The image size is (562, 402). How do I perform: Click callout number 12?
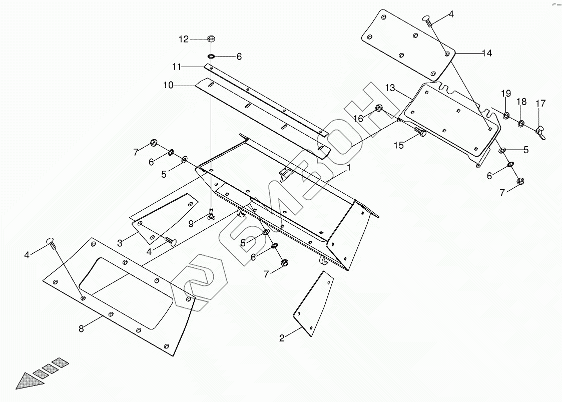(184, 39)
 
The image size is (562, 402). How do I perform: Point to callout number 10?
(168, 86)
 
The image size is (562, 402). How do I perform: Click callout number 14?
(486, 53)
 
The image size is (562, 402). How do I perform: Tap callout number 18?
(521, 102)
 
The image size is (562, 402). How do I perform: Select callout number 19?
(506, 93)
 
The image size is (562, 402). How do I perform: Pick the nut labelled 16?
(379, 108)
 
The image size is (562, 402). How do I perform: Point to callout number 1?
(349, 168)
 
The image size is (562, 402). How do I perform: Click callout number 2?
(282, 338)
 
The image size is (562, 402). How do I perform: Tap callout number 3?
(120, 243)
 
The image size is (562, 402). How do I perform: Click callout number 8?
(81, 328)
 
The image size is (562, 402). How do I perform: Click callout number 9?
(191, 224)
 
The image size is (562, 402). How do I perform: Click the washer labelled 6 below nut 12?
(211, 56)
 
